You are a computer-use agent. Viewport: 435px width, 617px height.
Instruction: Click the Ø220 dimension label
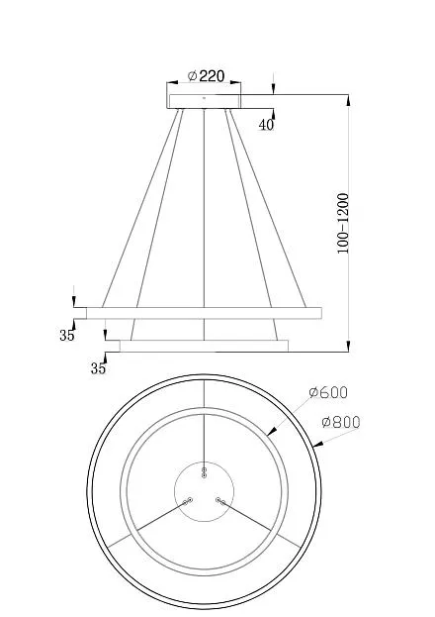pos(206,75)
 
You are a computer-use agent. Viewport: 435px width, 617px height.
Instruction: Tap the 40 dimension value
pos(266,125)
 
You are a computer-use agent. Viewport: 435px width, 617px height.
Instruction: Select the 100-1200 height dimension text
pos(343,223)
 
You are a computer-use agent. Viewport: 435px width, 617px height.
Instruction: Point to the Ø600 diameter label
pos(328,393)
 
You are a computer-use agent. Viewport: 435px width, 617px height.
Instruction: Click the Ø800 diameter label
pos(341,422)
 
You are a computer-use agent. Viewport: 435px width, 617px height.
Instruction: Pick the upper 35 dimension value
pos(67,336)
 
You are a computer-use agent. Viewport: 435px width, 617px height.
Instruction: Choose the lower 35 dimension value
pos(98,368)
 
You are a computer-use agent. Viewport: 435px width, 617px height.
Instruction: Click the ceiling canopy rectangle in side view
pos(204,101)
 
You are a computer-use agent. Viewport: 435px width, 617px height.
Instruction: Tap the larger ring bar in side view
pos(204,313)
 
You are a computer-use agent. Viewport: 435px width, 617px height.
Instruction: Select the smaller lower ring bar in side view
pos(204,346)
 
